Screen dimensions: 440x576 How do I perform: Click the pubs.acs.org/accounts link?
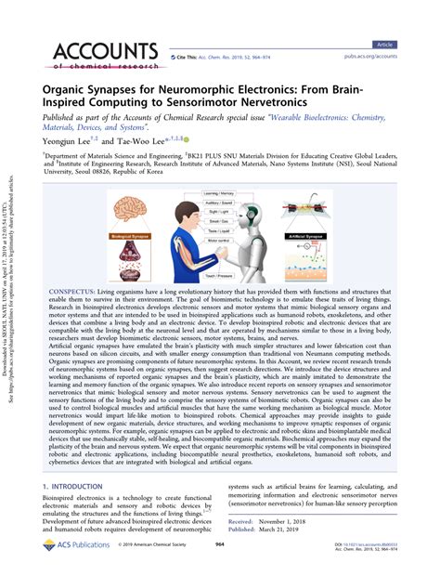[372, 57]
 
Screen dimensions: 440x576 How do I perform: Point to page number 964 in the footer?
[220, 559]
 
